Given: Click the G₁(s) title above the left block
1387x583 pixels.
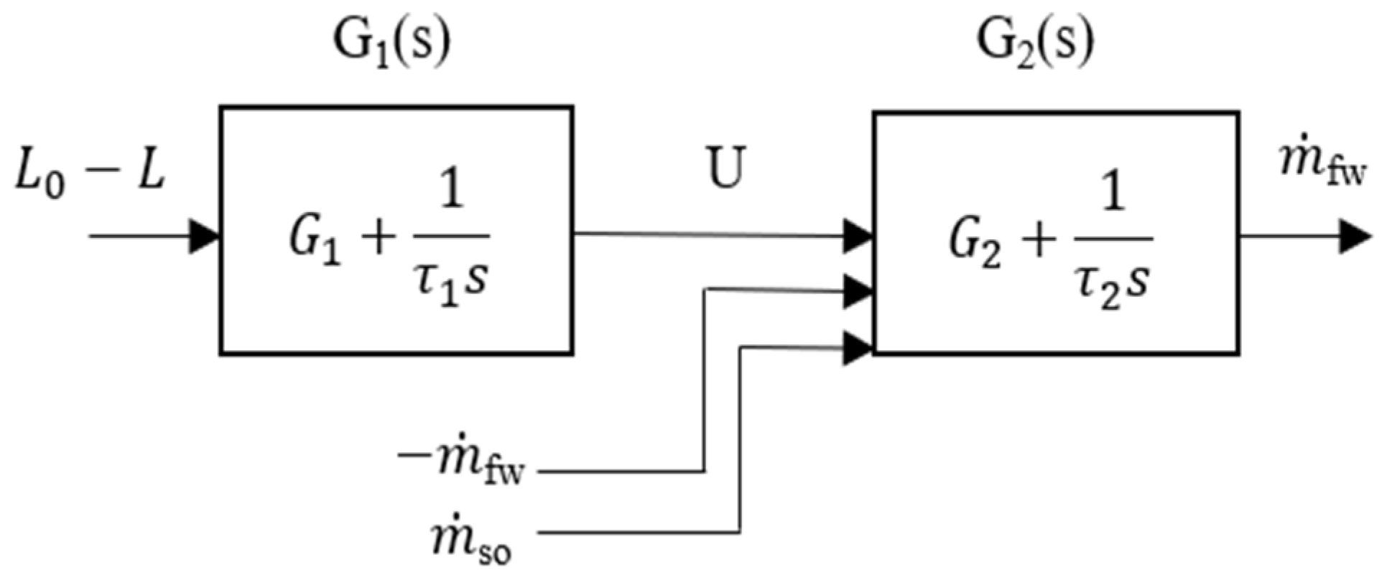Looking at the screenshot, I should point(391,45).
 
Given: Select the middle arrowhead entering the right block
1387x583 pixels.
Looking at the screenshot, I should point(858,291).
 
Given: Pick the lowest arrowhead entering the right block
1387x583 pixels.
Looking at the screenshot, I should point(858,349).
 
